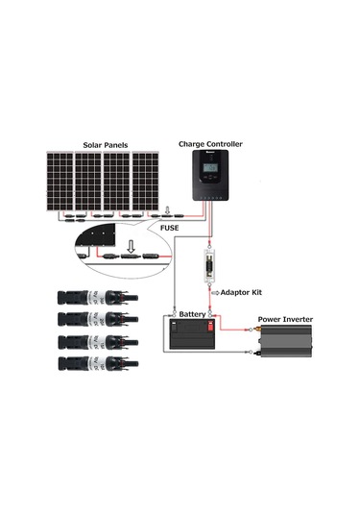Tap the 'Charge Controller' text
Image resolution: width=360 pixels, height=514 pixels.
click(x=210, y=144)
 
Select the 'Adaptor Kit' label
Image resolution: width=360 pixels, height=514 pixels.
click(x=245, y=291)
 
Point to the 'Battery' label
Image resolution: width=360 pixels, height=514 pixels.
click(x=193, y=314)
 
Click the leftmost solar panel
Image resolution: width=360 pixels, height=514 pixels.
click(x=60, y=182)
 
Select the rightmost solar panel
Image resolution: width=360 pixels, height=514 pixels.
click(x=146, y=182)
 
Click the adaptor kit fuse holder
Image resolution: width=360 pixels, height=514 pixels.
click(x=209, y=266)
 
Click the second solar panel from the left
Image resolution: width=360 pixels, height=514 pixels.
click(x=88, y=182)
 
